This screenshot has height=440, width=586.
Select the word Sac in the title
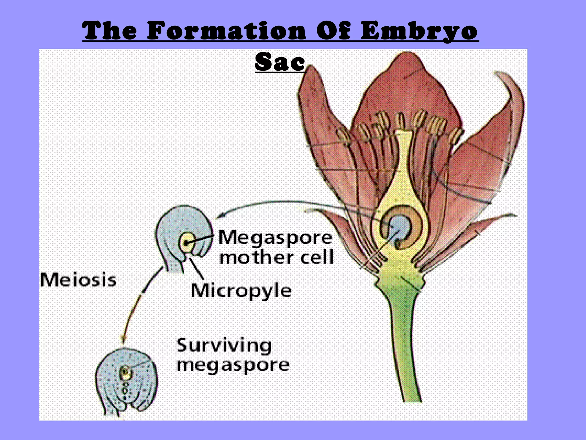pos(280,62)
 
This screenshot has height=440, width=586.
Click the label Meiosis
pos(78,280)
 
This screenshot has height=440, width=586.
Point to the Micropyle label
pos(241,291)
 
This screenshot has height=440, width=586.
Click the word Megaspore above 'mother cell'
pos(275,238)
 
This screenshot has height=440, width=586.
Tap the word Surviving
pos(224,345)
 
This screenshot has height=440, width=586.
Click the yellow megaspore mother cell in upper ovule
pos(187,242)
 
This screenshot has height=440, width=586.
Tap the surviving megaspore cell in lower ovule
pos(125,372)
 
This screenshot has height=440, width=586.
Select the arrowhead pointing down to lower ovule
pos(123,339)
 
